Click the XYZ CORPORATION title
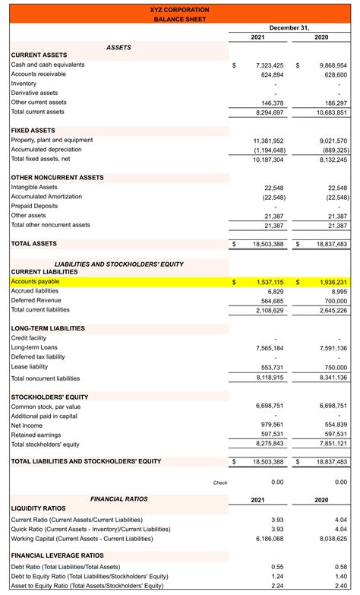(x=180, y=9)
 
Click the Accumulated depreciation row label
(x=47, y=150)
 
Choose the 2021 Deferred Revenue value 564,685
(x=271, y=300)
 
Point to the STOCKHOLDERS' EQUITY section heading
(x=49, y=397)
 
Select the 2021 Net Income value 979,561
(x=272, y=425)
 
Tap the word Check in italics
(x=220, y=482)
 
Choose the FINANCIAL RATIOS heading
(x=120, y=499)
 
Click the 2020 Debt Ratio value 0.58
(x=341, y=567)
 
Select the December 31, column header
(x=289, y=27)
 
